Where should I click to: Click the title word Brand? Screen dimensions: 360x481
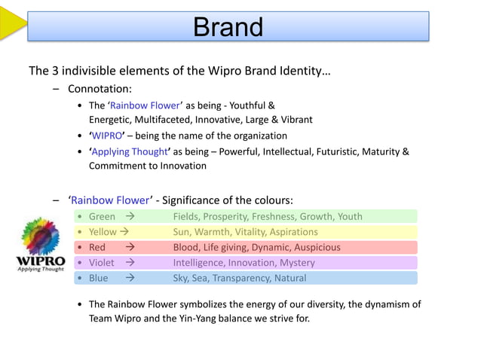point(228,27)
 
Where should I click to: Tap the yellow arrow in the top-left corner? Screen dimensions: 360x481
point(11,23)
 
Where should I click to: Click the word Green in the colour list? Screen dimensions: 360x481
point(102,216)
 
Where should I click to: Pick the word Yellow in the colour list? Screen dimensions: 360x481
point(103,232)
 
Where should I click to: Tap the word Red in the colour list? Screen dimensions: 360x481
point(97,247)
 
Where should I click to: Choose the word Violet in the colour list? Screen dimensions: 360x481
point(102,263)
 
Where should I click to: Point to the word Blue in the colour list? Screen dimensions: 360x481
point(98,278)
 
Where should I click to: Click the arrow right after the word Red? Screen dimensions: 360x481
point(130,247)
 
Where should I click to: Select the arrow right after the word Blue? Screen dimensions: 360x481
point(130,278)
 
